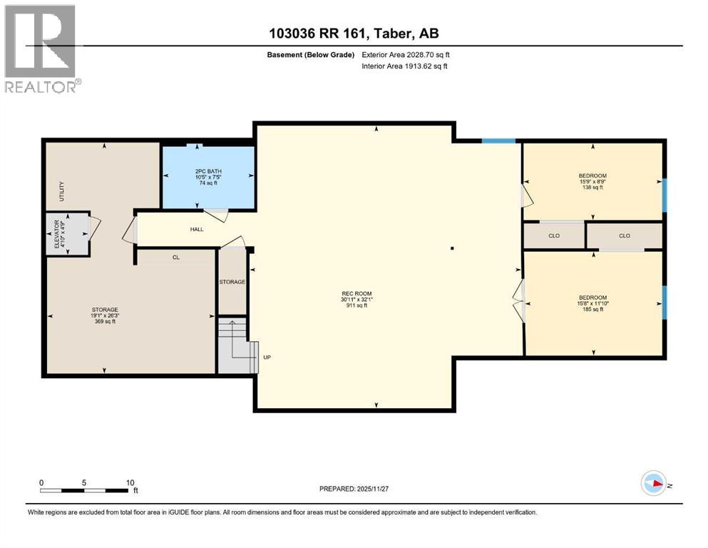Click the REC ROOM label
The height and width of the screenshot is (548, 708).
click(x=356, y=293)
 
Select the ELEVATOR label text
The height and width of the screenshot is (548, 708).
click(x=60, y=234)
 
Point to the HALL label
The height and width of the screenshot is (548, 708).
click(x=197, y=230)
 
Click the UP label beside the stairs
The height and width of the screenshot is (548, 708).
click(x=267, y=357)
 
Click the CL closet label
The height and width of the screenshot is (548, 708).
click(x=175, y=257)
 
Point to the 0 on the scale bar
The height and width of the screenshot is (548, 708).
click(x=41, y=482)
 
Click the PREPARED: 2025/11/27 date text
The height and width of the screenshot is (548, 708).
click(x=354, y=489)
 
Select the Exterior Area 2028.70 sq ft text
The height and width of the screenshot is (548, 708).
click(x=406, y=54)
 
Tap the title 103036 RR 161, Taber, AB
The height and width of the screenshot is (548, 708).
click(x=354, y=33)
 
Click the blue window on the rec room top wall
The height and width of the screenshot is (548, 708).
click(x=498, y=141)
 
